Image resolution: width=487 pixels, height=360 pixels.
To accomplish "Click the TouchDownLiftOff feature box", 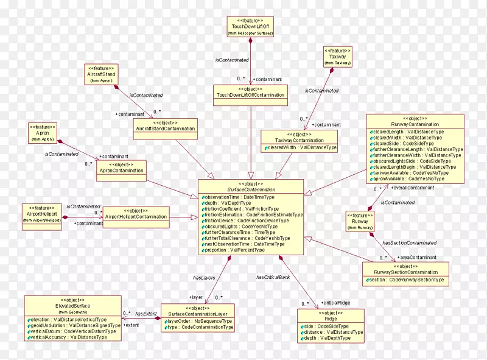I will pos(250,26).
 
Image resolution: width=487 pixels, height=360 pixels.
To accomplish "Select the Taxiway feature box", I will pos(333,56).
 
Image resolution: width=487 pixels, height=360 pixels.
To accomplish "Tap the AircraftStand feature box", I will pos(102,74).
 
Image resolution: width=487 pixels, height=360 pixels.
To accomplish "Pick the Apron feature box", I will pos(42,132).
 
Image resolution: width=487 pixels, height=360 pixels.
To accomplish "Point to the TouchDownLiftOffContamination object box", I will pos(250,92).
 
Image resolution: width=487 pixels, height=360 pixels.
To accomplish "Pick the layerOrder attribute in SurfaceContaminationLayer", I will pos(199,321).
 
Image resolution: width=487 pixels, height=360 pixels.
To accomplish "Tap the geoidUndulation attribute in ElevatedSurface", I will pos(73,325).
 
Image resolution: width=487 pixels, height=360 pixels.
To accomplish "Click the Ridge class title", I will pos(331,319).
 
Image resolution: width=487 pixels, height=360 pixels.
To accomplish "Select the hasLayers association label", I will pos(204,278).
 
